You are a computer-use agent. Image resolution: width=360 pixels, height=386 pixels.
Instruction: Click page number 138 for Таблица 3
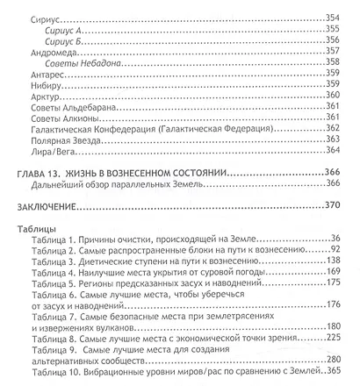(331, 262)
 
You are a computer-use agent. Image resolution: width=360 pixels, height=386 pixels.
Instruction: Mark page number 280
(331, 356)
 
